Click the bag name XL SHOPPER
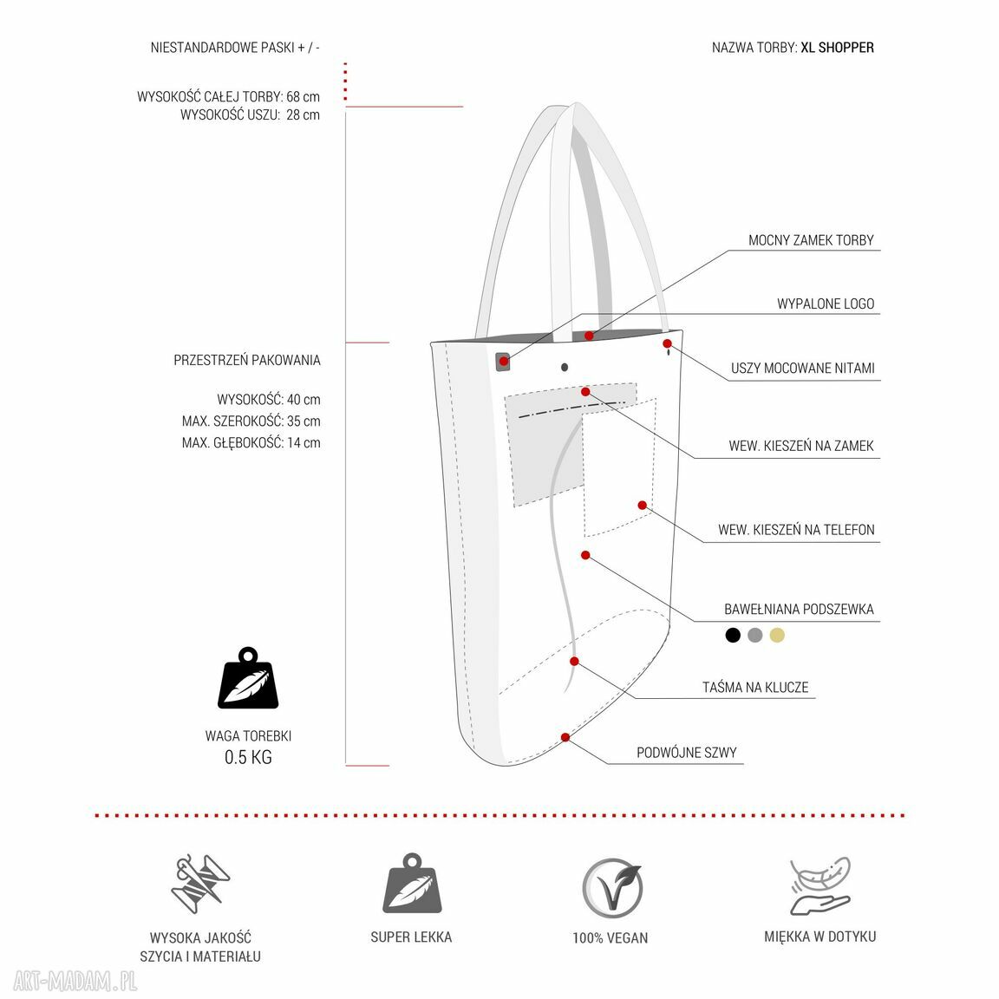coord(837,47)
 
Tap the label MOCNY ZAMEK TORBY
coord(811,240)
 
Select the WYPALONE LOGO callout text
coord(825,304)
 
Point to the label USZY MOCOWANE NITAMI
coord(802,369)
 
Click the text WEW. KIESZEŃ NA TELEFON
coord(796,530)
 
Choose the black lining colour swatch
coord(733,635)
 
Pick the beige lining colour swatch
coord(777,635)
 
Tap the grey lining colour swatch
coord(755,635)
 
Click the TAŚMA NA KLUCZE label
coord(755,688)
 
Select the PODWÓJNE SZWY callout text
coord(686,753)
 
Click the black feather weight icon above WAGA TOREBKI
coord(248,678)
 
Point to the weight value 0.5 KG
coord(248,758)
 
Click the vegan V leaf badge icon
coord(612,888)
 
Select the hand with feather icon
coord(820,886)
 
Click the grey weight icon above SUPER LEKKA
coord(412,883)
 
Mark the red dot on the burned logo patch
coord(503,362)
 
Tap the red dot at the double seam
coord(565,737)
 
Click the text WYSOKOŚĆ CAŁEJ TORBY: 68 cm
coord(228,97)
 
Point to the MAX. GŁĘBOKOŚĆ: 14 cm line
coord(251,443)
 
